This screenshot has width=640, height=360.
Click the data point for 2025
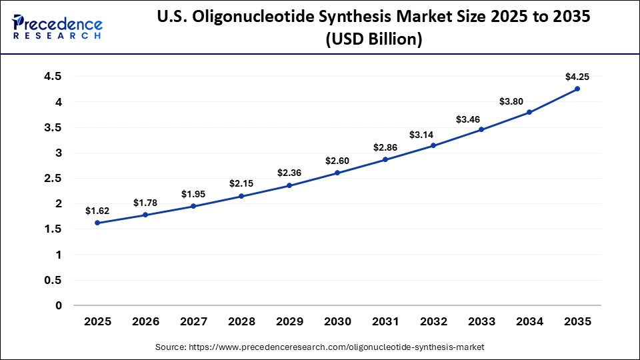(x=97, y=223)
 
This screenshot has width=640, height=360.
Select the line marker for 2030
(x=337, y=173)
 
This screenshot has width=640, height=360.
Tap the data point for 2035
(x=577, y=89)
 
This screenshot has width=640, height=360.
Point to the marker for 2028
(x=241, y=196)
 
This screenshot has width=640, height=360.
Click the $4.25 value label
(x=577, y=75)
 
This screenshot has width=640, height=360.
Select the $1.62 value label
(x=97, y=211)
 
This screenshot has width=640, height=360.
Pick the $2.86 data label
(x=385, y=146)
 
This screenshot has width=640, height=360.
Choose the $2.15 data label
(x=241, y=183)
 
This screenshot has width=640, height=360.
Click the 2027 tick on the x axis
(x=193, y=321)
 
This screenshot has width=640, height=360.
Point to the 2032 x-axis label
(x=433, y=321)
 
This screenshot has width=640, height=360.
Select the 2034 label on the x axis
(x=529, y=321)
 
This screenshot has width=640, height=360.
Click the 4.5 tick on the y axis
(x=53, y=77)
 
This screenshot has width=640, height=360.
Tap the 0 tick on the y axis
(x=58, y=305)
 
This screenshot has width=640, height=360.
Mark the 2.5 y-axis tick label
(x=53, y=179)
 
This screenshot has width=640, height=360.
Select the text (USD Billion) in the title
(x=374, y=39)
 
